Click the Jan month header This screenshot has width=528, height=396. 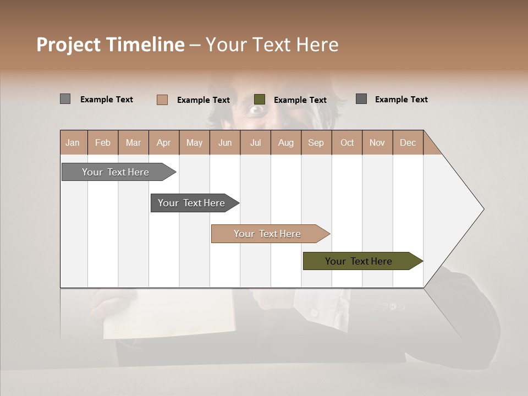point(73,142)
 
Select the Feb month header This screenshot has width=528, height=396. point(103,142)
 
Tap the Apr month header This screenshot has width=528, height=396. point(163,142)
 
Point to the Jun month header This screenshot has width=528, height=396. point(225,142)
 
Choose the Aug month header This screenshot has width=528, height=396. point(285,142)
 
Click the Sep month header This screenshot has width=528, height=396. point(316,142)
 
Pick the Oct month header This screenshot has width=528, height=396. point(347,142)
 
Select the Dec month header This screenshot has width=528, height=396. point(408,142)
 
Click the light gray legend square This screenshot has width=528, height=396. point(65,99)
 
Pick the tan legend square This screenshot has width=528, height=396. point(162,100)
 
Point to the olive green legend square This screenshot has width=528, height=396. point(260,99)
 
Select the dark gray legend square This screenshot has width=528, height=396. point(361,99)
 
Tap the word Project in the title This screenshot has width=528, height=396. point(69,45)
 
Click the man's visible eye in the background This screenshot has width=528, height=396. point(256,110)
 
